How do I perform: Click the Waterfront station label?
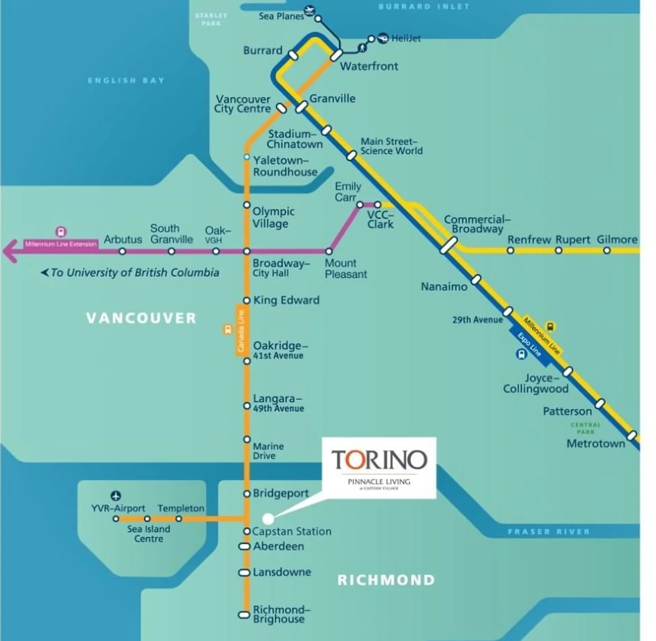[369, 66]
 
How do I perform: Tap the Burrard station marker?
[293, 55]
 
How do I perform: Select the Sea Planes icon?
[310, 11]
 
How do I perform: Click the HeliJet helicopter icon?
[383, 38]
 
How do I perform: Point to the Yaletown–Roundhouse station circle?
[247, 157]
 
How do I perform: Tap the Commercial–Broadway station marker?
[448, 245]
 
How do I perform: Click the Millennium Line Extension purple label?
[61, 244]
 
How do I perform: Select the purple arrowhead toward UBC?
[10, 251]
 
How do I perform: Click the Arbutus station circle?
[122, 251]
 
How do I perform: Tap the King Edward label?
[286, 300]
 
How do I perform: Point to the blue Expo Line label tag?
[529, 345]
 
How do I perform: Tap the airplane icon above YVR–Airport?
[116, 495]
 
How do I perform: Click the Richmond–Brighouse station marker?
[244, 615]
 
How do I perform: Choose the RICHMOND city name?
[386, 580]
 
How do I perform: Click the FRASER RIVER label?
[549, 532]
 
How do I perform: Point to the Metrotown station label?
[596, 444]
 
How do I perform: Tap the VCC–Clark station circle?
[378, 205]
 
